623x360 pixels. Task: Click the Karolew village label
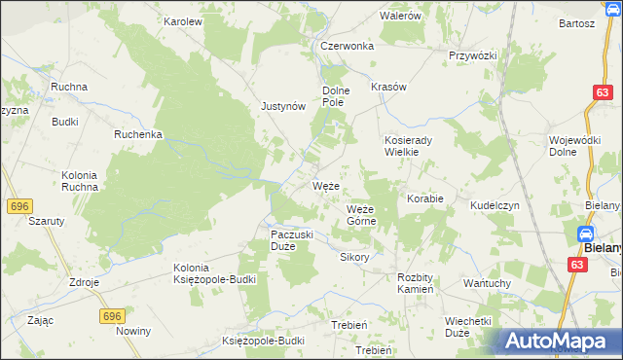pos(182,20)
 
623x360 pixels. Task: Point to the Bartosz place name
pos(576,23)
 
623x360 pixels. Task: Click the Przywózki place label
pos(473,55)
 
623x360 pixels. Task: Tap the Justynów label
pos(284,107)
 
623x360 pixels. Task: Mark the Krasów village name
pos(387,87)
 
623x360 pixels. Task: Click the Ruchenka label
pos(137,135)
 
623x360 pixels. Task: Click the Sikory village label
pos(354,258)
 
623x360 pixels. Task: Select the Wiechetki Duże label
pos(469,326)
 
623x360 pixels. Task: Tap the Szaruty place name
pos(46,221)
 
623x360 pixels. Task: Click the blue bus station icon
pos(586,234)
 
